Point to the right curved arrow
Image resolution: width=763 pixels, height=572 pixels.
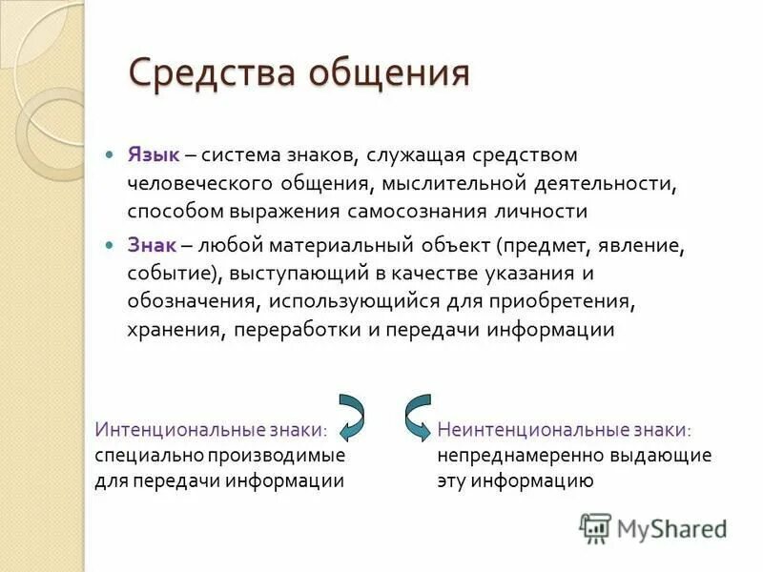tap(416, 416)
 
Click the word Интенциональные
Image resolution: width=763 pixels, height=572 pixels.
tap(171, 430)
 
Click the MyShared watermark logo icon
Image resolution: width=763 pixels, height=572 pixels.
tap(596, 527)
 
